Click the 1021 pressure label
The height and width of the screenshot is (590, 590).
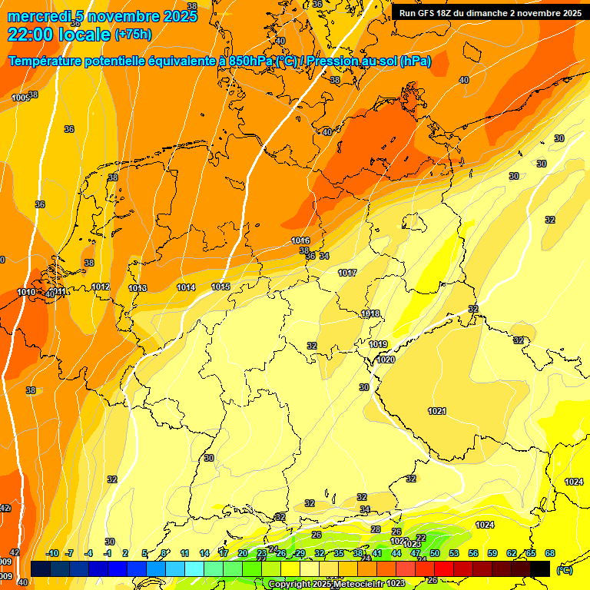pos(437,411)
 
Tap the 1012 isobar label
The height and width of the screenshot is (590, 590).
pos(101,287)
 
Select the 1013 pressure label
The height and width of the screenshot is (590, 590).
pos(138,288)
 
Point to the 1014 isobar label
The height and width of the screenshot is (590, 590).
pos(186,287)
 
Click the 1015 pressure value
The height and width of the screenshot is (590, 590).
pos(220,287)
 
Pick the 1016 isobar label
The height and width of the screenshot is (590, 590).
pos(300,240)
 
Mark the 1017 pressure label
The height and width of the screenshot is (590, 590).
pos(347,273)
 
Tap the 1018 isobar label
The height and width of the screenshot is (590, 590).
pos(370,313)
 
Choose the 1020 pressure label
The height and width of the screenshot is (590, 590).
pos(386,360)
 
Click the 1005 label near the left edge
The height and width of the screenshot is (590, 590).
pos(21,98)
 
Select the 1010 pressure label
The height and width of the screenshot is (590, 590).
pos(26,292)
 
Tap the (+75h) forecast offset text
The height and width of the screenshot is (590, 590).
pos(133,35)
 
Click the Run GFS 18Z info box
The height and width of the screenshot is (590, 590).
pos(489,12)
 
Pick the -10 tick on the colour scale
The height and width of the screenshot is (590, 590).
pos(52,553)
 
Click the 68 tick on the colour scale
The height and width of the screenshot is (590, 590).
pos(550,553)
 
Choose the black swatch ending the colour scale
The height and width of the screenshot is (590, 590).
pos(540,568)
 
